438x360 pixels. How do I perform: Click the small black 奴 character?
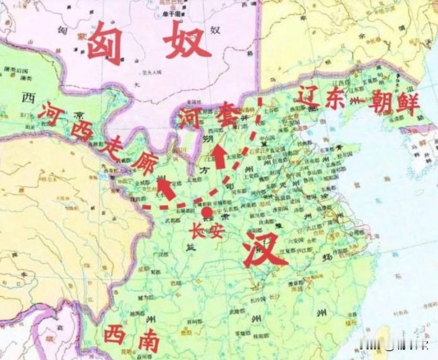[215, 30]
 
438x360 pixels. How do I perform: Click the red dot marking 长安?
[207, 212]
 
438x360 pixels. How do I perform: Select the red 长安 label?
[207, 231]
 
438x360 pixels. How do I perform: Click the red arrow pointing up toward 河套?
[219, 158]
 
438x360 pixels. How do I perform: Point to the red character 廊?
[143, 164]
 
